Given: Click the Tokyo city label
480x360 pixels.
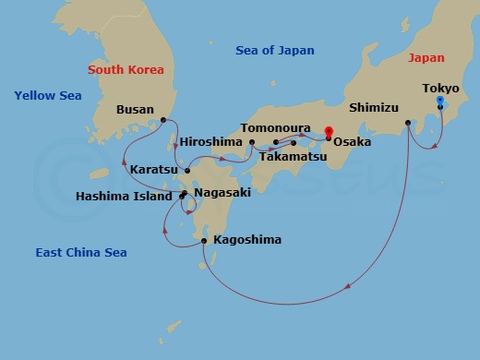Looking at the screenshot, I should click(440, 89).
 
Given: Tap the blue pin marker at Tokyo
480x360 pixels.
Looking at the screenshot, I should click(440, 101).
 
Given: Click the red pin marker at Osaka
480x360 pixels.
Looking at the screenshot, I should click(329, 131).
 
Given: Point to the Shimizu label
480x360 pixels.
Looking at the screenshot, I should click(373, 104).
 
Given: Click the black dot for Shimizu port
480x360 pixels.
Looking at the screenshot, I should click(408, 122).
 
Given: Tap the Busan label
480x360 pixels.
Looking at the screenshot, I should click(135, 109).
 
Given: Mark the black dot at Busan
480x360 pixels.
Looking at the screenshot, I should click(163, 120).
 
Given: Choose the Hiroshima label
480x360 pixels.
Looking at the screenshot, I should click(211, 142).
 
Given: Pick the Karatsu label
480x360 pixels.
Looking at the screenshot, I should click(155, 171).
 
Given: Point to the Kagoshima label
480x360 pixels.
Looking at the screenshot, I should click(246, 240).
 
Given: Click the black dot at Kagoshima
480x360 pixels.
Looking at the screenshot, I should click(204, 241).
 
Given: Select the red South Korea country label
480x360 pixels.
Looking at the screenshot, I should click(126, 69).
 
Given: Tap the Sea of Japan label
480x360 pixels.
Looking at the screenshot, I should click(275, 51).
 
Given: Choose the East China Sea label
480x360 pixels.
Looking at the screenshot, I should click(81, 252).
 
